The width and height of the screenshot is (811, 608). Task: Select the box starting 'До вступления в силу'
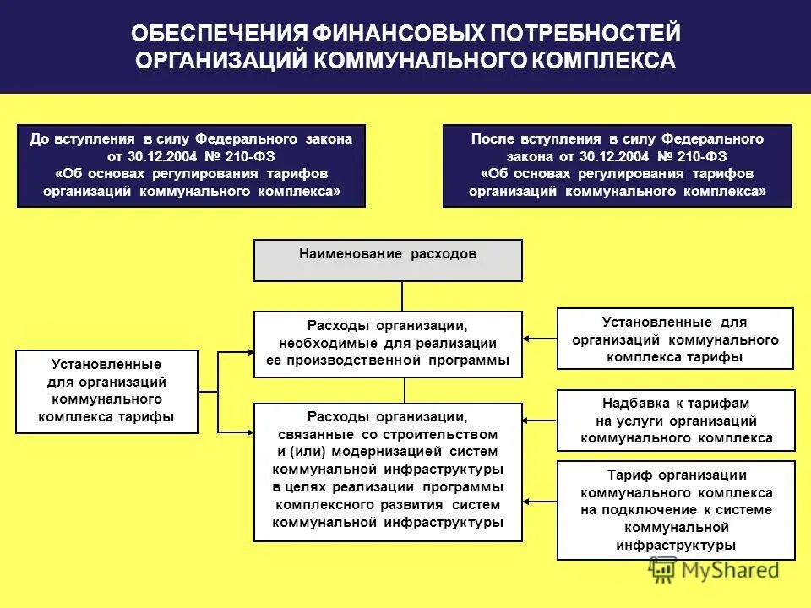point(192,166)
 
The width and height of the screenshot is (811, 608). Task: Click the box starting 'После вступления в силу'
point(618,166)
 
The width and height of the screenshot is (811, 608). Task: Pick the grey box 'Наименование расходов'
point(389,259)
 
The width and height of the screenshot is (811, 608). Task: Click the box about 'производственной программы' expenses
point(389,344)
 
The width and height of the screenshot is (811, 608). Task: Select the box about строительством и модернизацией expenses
point(389,472)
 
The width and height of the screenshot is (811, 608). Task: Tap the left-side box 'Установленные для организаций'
point(106,392)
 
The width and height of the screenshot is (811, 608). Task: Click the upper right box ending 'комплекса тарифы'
point(675,339)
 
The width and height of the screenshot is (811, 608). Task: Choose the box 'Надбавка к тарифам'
point(676,421)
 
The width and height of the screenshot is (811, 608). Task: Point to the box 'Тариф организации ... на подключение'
point(676,510)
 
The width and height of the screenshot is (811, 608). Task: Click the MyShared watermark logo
point(714,571)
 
